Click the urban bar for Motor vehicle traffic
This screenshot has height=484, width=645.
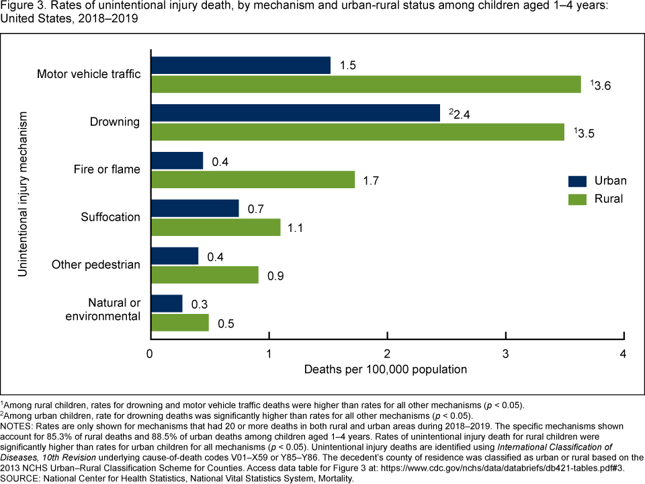pos(241,65)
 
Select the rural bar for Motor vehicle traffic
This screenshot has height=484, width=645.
pos(365,84)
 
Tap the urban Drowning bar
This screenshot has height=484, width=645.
pos(296,113)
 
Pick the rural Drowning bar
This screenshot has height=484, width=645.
pos(357,132)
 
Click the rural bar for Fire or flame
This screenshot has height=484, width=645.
pos(253,179)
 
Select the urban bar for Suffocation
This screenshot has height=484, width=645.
pos(195,208)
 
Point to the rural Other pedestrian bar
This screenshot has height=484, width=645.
pos(204,274)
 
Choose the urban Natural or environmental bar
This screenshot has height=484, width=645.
pos(167,304)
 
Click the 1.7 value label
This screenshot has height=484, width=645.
pos(372,179)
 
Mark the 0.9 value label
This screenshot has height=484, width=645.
pos(275,275)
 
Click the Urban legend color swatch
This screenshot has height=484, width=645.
pos(577,181)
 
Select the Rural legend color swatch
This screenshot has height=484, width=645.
pos(577,199)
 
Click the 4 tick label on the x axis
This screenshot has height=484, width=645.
pos(624,354)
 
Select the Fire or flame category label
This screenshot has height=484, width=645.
pos(107,169)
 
